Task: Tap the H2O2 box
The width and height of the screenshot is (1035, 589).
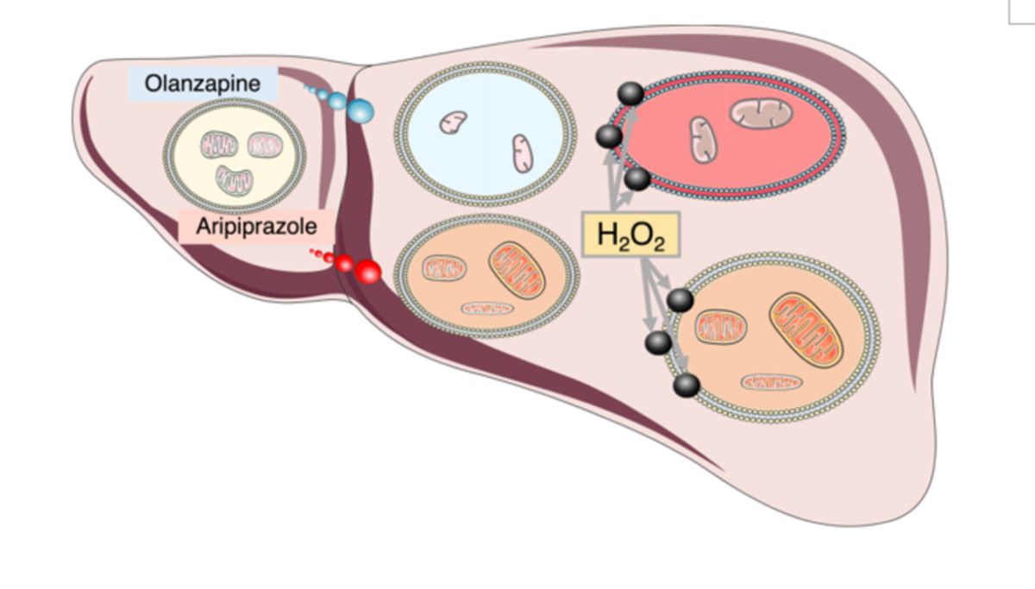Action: point(631,235)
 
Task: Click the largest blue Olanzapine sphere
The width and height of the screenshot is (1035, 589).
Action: point(361,110)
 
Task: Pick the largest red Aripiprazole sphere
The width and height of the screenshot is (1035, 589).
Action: point(367,272)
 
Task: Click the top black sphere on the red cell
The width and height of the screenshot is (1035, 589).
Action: point(630,93)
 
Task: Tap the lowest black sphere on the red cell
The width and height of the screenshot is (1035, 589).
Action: point(637,179)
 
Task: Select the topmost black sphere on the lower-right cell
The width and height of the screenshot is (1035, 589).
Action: point(680,300)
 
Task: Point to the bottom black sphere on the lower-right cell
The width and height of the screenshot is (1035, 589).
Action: point(687,385)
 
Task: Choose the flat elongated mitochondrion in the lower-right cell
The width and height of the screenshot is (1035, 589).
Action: point(772,381)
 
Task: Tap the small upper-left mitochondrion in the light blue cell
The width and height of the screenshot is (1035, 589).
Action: point(453,122)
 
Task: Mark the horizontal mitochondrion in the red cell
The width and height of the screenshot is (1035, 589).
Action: point(760,111)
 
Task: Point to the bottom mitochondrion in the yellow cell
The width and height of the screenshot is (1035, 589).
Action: point(234,179)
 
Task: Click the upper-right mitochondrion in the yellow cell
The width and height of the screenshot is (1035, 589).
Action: point(264,144)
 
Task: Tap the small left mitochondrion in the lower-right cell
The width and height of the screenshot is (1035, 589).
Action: point(721,327)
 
